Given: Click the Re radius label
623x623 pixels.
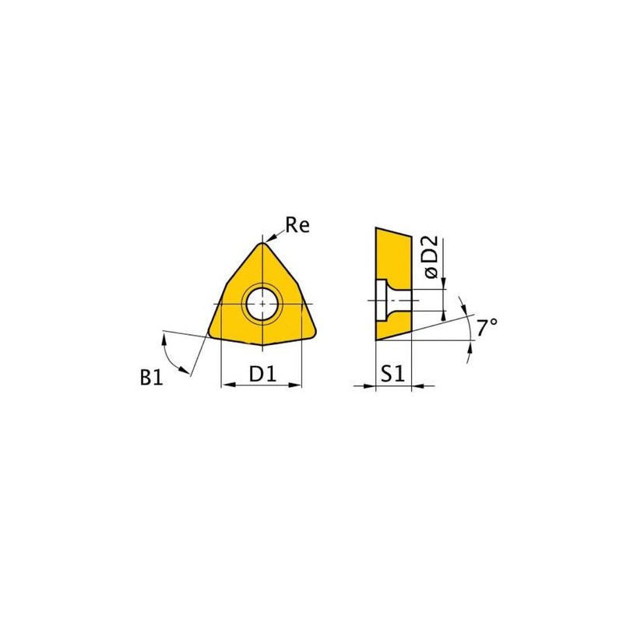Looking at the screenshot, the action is tap(297, 225).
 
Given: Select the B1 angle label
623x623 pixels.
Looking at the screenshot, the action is tap(151, 377).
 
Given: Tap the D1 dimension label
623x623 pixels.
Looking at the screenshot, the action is tap(262, 374).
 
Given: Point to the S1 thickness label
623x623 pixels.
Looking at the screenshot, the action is tap(392, 374).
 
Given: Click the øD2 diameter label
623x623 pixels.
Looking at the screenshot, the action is tap(431, 256).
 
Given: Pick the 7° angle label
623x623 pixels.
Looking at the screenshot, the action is tap(487, 327).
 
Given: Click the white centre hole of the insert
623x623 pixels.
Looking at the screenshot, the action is tap(262, 304).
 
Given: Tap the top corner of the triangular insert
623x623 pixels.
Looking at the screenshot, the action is tap(262, 243).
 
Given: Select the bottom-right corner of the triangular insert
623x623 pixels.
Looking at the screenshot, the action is tap(315, 333).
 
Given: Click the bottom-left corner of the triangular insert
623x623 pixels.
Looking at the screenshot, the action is tap(209, 333).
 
